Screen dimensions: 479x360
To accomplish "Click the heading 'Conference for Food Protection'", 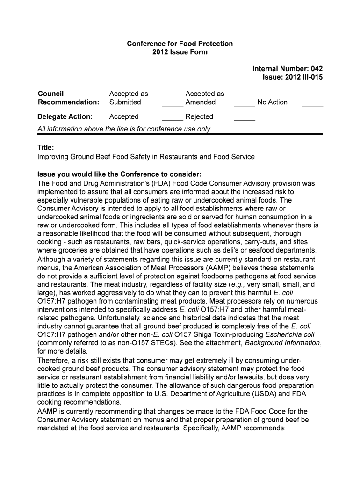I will (x=180, y=44).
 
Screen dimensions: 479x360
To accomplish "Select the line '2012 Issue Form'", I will (x=180, y=52).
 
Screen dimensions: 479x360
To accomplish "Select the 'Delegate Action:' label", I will (x=65, y=116).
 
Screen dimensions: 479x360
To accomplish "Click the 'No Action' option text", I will (x=272, y=102).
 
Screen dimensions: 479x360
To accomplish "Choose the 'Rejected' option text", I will (x=199, y=116).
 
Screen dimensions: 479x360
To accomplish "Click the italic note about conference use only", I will (x=124, y=129).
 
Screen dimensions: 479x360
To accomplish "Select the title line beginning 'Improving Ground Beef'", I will (x=146, y=157).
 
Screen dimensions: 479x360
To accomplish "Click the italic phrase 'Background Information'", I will (x=282, y=343).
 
